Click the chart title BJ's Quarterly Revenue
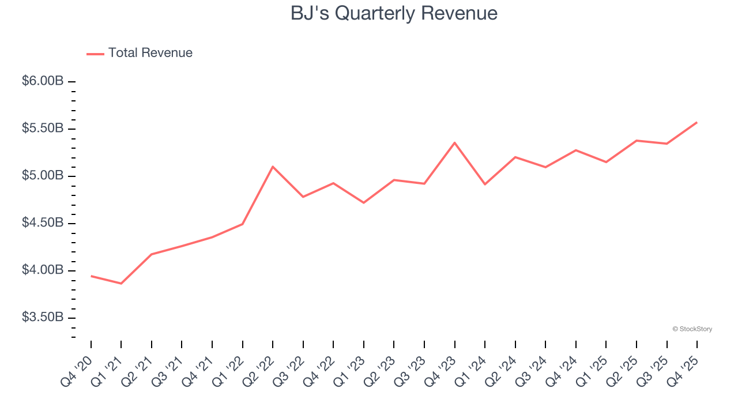click(x=394, y=13)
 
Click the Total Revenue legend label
click(x=150, y=53)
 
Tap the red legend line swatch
click(x=95, y=54)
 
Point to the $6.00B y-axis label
click(x=43, y=81)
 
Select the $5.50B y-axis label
click(x=43, y=129)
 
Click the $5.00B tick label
click(x=43, y=176)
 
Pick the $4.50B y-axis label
click(x=43, y=223)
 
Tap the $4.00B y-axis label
click(x=43, y=270)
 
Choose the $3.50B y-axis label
click(x=43, y=318)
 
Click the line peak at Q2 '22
click(x=273, y=167)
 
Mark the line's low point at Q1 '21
click(x=121, y=284)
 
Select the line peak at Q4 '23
click(x=455, y=142)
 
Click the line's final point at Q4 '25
click(x=697, y=122)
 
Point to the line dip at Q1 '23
click(x=364, y=203)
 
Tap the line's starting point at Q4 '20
click(x=91, y=276)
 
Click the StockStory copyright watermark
click(x=692, y=329)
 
